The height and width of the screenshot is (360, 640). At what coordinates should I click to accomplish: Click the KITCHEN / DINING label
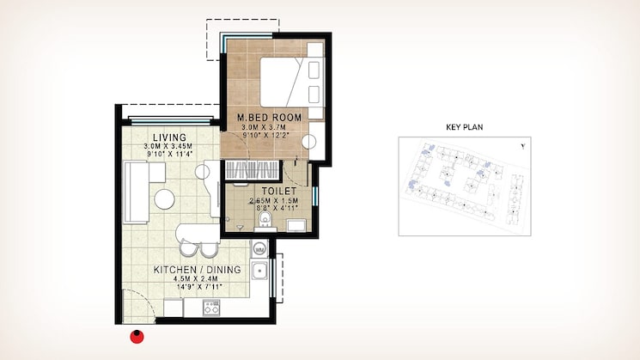197,270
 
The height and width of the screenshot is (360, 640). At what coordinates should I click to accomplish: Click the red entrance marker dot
135,336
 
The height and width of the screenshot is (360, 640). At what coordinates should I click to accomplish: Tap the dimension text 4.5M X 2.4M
197,280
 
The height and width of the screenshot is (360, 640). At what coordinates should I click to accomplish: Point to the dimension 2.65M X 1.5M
272,202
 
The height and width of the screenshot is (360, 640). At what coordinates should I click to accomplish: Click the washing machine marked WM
259,249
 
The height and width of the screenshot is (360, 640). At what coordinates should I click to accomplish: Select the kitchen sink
259,274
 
